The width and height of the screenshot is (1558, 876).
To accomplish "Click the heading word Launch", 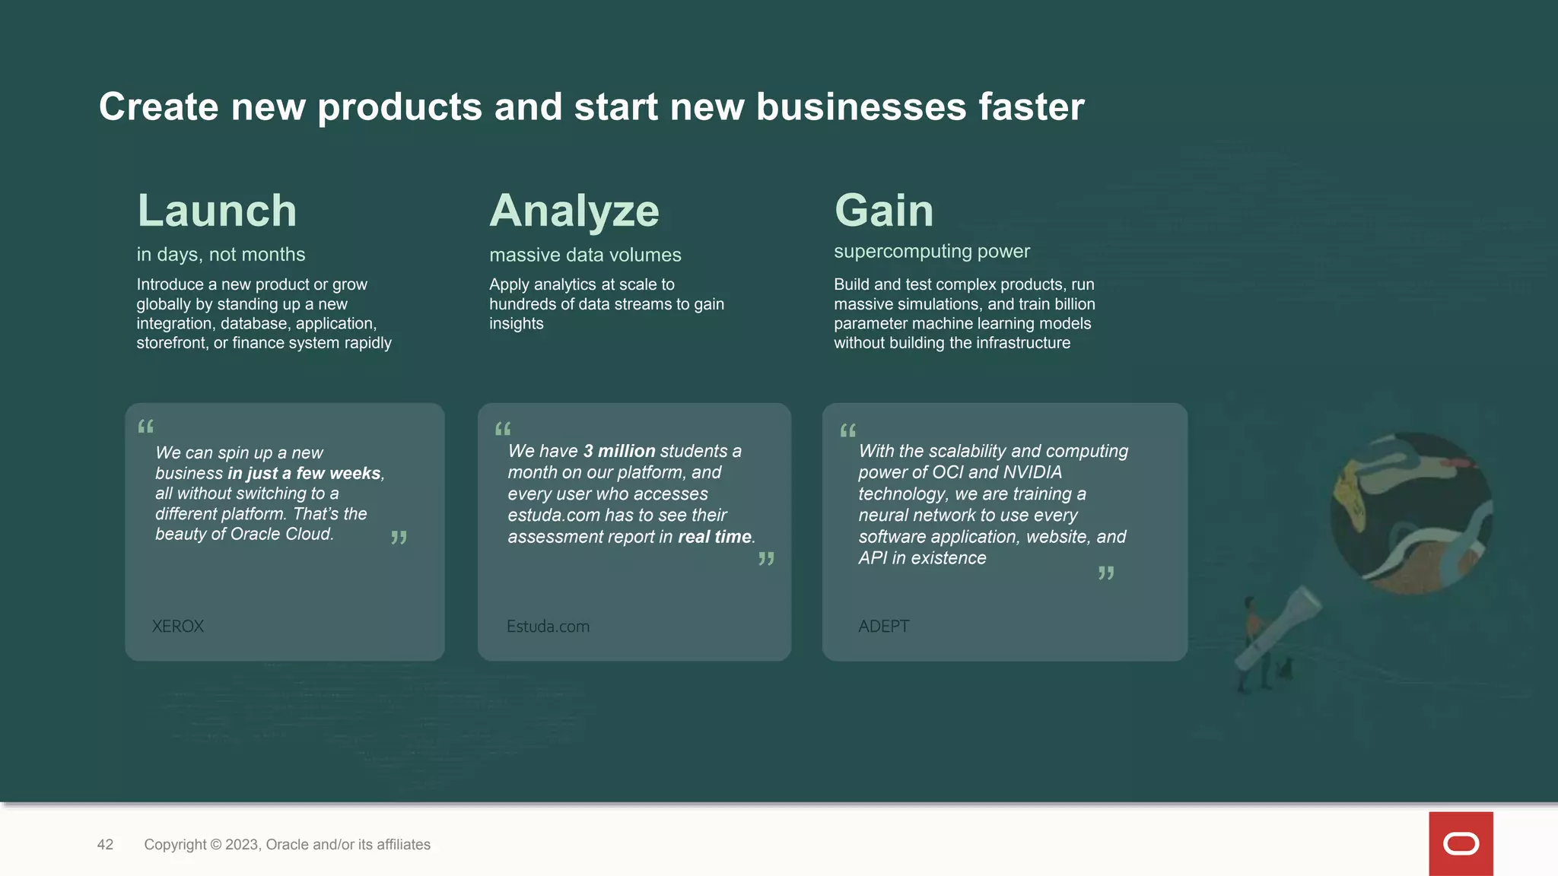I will coord(217,211).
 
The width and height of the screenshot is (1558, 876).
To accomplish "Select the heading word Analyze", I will coord(574,211).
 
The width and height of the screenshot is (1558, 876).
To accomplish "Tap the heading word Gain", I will coord(884,211).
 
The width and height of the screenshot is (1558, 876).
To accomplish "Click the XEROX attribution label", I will coord(178,627).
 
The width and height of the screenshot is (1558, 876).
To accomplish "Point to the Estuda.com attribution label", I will coord(548,627).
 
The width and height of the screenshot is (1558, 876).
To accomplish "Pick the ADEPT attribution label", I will coord(883,627).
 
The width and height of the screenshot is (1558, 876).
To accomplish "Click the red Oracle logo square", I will coord(1461,843).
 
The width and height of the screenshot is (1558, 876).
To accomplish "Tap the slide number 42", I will coord(105,845).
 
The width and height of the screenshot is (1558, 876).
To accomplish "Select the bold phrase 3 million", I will coord(619,451).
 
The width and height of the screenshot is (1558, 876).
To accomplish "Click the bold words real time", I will coord(714,537).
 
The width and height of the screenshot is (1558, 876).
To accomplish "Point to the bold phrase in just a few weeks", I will coord(304,473).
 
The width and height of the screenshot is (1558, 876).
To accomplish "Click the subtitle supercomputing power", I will coord(931,251).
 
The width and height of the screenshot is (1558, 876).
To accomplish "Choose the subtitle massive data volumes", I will coord(585,255).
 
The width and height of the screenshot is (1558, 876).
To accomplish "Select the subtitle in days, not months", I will coord(221,254).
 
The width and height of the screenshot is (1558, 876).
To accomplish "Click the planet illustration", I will coord(1411,513).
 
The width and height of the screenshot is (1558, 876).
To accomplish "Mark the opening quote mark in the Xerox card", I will coord(145,427).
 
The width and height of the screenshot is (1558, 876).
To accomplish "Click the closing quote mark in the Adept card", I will coord(1106,573).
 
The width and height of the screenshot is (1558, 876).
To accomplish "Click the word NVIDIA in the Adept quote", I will coord(1032,472).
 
